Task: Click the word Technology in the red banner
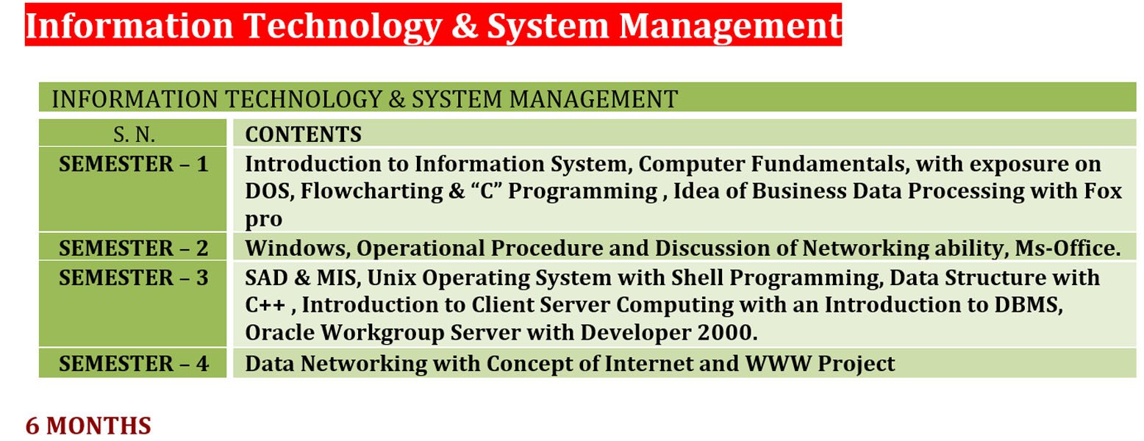(343, 26)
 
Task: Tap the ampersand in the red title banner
(465, 26)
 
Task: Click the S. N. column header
(135, 135)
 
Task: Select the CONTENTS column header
(304, 135)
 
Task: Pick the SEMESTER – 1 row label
(133, 165)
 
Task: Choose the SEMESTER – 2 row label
(133, 248)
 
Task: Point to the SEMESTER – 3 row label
(133, 278)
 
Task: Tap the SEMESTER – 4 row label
(133, 364)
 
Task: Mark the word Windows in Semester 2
(298, 248)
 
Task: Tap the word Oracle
(280, 333)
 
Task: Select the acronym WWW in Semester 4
(779, 364)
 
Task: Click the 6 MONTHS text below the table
(88, 426)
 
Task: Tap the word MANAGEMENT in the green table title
(593, 99)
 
